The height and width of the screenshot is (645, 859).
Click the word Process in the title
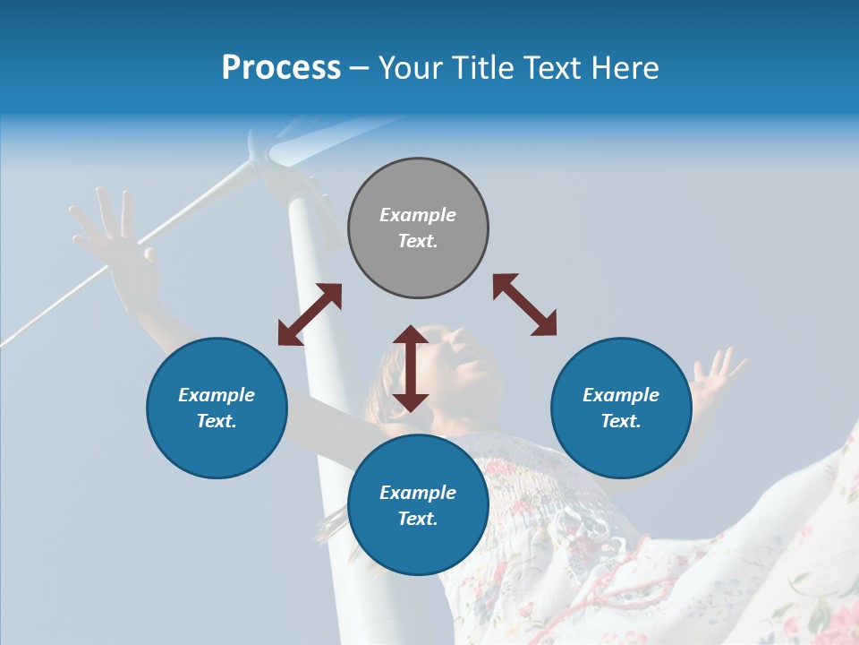[x=281, y=68]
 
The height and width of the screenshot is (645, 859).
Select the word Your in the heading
[x=408, y=68]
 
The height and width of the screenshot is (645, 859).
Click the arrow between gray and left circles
[x=310, y=314]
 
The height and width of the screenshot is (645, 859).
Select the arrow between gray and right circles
[x=524, y=305]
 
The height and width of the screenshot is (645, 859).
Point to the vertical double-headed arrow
[x=411, y=368]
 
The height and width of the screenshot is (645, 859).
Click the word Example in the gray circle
[x=418, y=215]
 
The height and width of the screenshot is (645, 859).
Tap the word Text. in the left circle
[x=217, y=421]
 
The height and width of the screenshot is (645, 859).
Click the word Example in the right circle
[x=621, y=395]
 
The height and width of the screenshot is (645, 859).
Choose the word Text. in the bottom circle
[x=418, y=519]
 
